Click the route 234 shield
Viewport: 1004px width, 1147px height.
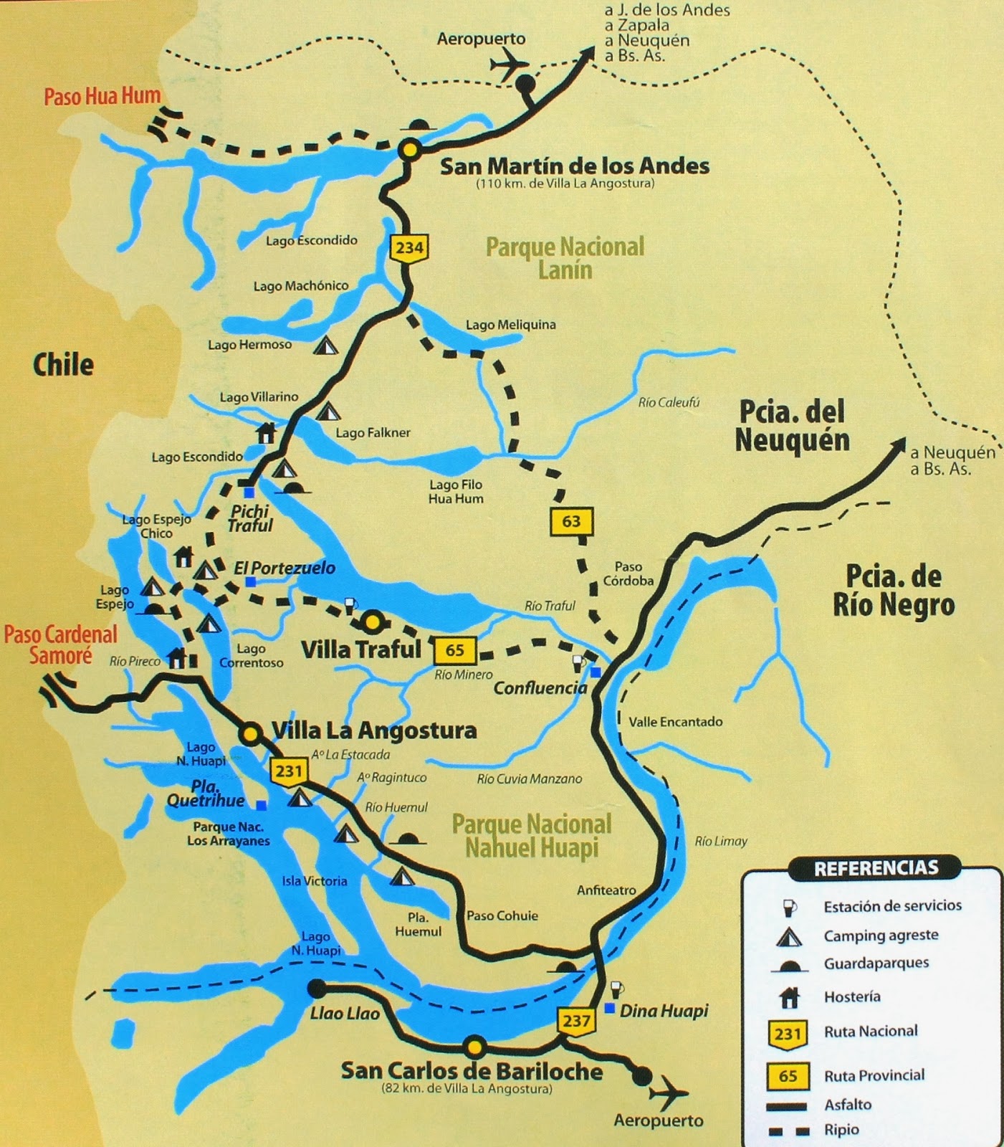409,248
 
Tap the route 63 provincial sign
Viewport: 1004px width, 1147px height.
571,521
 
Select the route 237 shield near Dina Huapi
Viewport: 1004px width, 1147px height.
576,1021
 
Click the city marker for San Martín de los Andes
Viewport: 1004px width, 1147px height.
409,150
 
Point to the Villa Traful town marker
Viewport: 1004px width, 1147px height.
373,622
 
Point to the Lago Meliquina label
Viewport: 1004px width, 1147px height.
510,325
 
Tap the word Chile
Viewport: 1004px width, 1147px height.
63,365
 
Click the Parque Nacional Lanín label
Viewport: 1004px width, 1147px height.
565,258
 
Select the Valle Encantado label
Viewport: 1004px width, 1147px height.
675,722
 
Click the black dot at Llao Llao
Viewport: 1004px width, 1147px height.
315,989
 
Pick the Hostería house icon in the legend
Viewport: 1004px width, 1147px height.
789,997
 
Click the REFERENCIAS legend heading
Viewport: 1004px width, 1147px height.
876,869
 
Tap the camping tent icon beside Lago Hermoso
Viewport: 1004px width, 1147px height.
326,346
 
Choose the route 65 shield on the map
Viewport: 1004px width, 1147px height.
454,650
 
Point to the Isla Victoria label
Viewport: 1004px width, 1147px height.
314,881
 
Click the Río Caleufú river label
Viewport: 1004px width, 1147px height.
669,403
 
